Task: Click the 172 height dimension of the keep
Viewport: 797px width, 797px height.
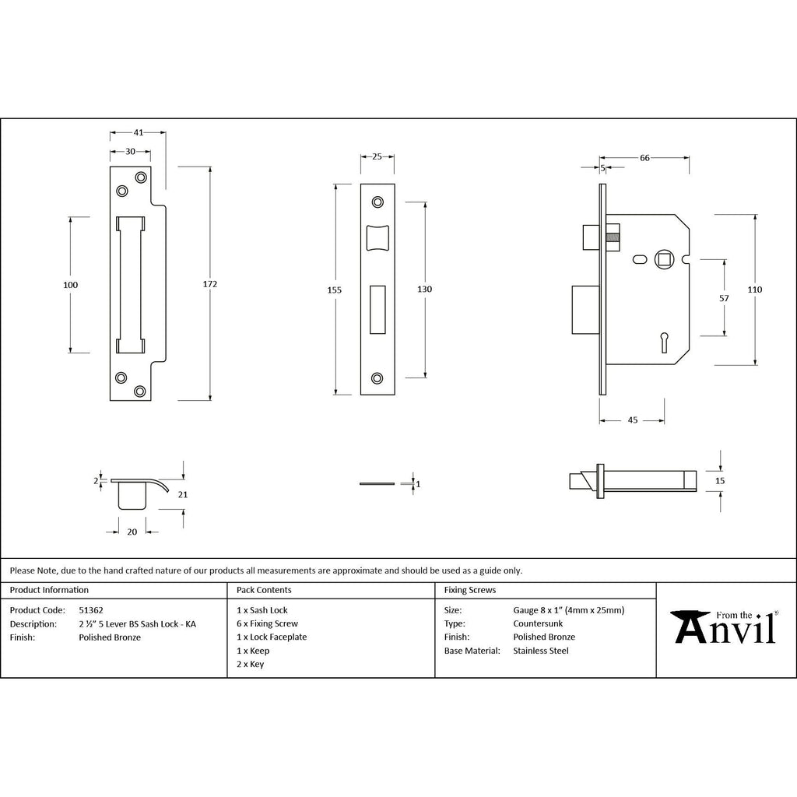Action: [210, 284]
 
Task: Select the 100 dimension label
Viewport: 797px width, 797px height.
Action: [71, 285]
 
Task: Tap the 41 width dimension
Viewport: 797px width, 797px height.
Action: [139, 132]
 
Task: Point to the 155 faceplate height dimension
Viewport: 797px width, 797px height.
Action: [335, 290]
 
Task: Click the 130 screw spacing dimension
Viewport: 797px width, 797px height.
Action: [424, 290]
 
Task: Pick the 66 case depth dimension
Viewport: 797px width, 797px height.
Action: [644, 158]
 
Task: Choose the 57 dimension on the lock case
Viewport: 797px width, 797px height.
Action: [724, 298]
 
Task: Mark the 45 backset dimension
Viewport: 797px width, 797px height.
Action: [632, 420]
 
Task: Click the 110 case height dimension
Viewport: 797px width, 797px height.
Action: [755, 290]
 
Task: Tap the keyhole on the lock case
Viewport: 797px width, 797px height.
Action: [664, 342]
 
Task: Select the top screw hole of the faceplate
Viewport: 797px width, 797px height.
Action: [377, 202]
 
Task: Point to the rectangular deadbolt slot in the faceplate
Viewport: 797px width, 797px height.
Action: [377, 310]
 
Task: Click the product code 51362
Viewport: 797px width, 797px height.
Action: [91, 610]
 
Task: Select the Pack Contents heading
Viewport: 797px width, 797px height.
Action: [264, 590]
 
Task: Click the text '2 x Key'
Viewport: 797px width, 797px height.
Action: [250, 665]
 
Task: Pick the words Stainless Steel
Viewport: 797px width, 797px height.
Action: [541, 651]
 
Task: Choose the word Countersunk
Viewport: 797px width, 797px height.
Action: [538, 623]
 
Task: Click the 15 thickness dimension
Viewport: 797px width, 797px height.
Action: [720, 481]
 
